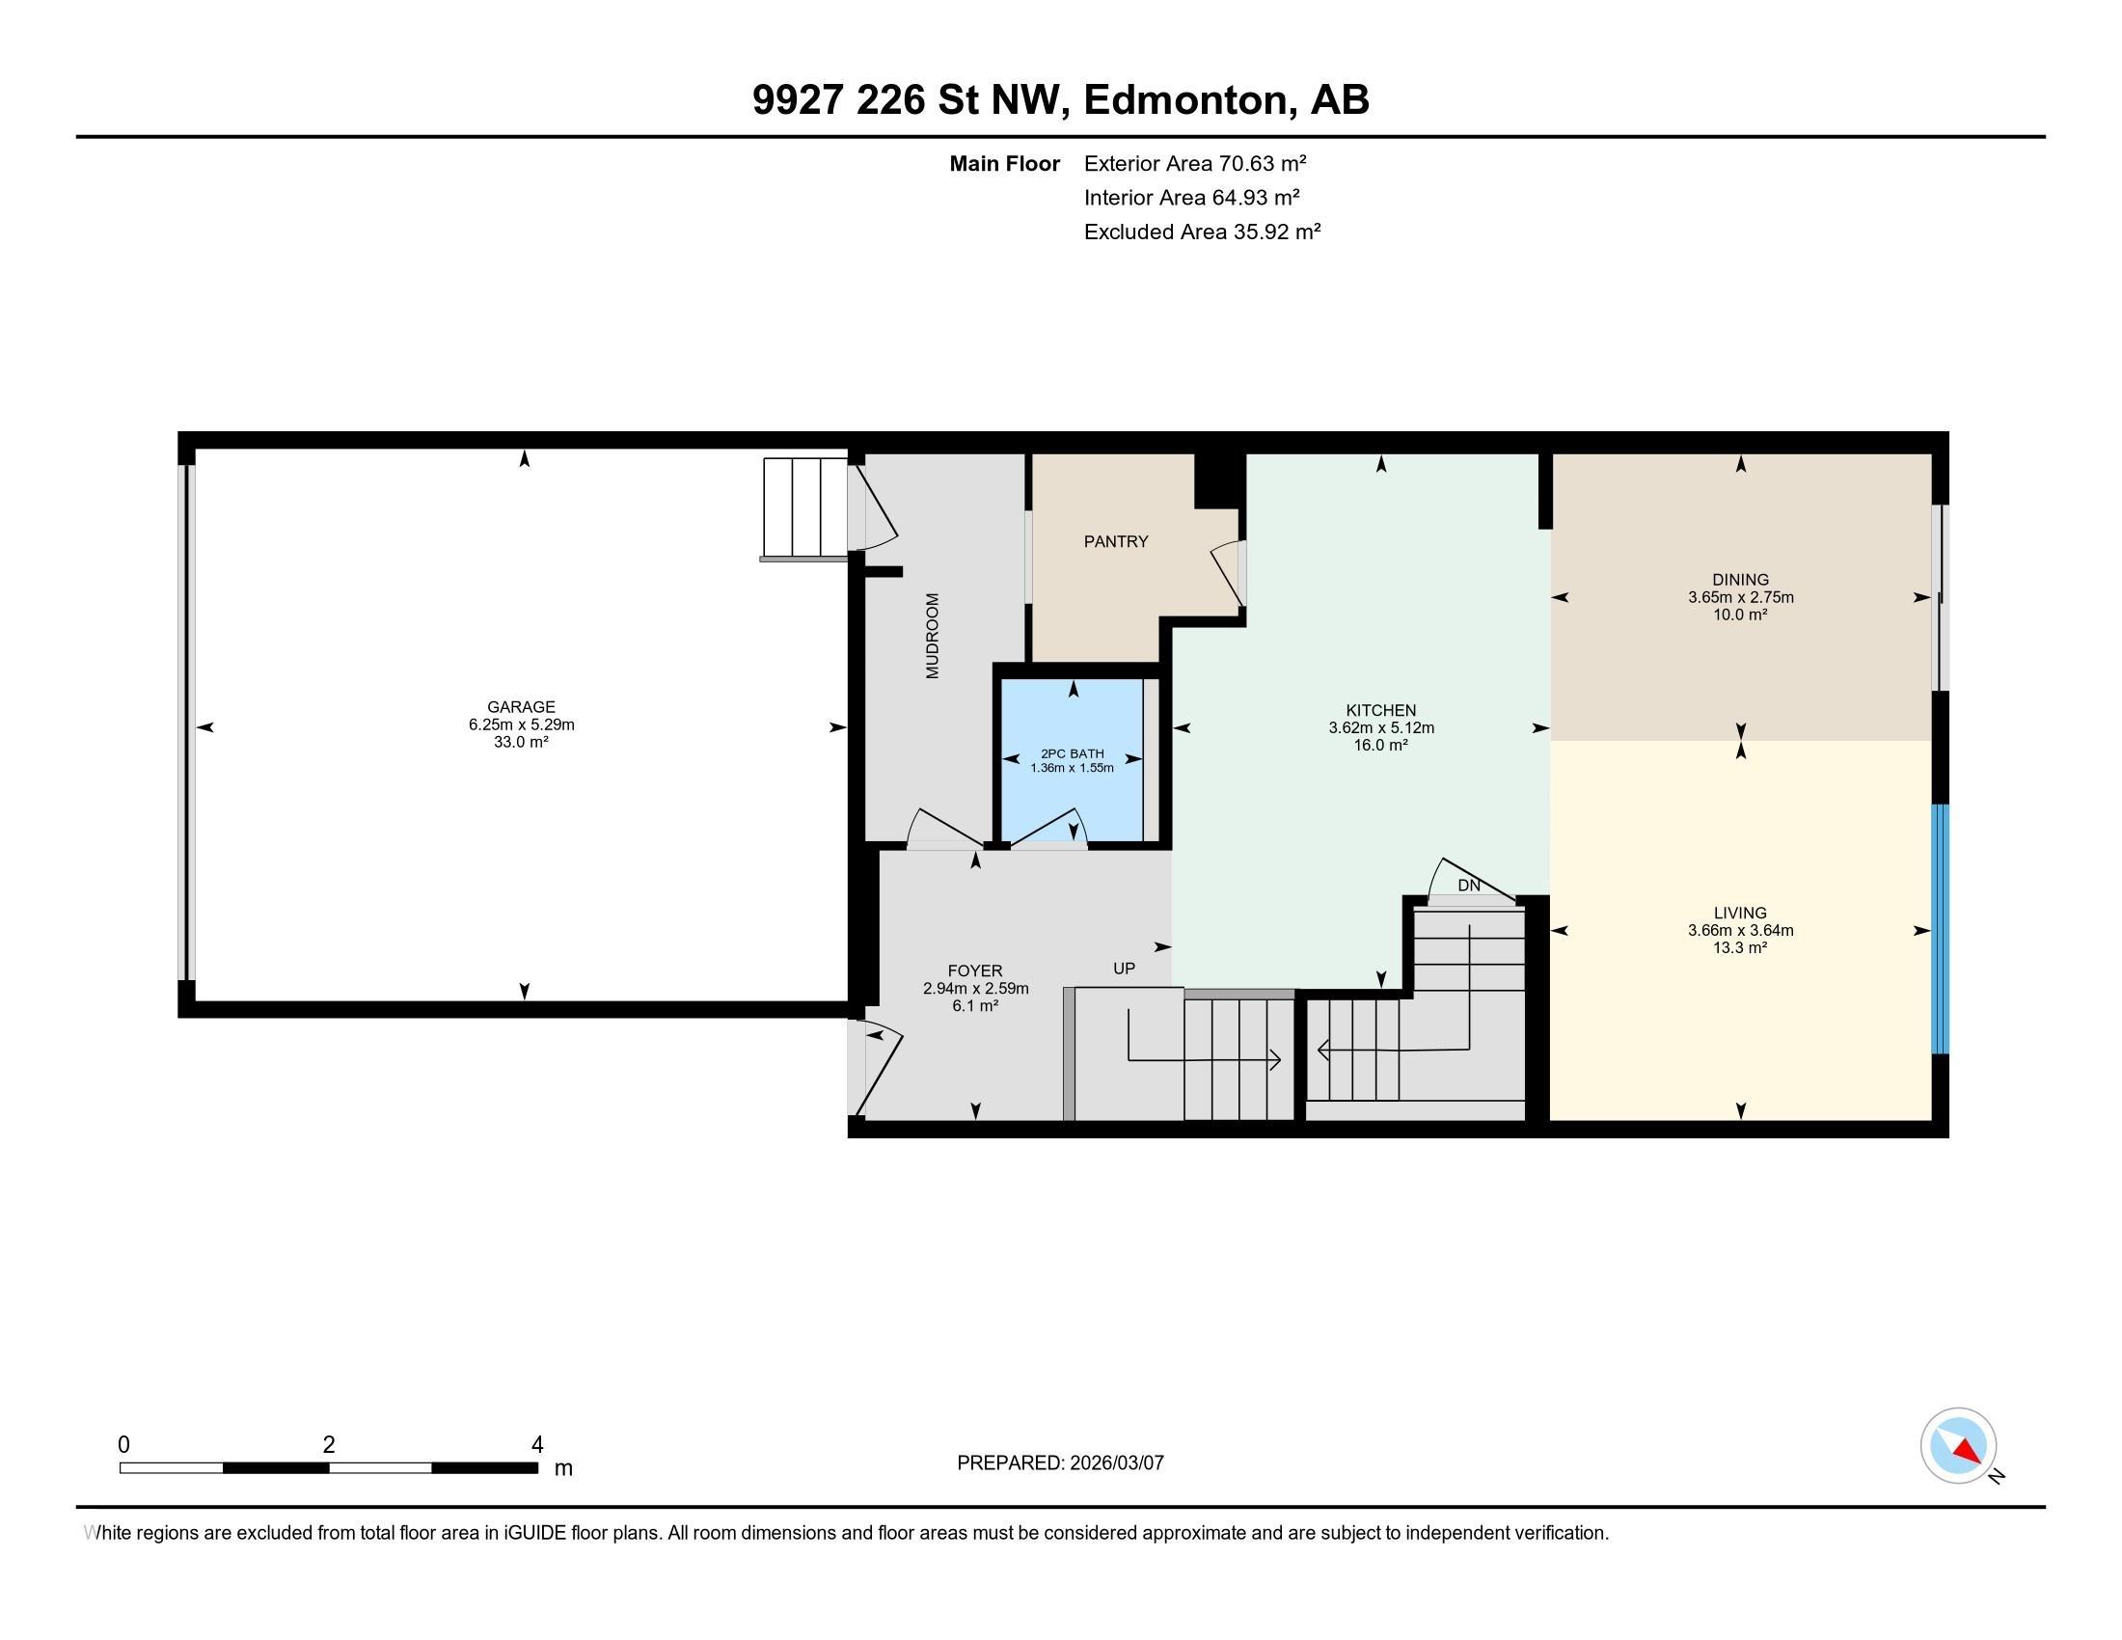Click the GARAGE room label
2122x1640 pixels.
pyautogui.click(x=521, y=707)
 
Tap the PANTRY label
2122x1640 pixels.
pyautogui.click(x=1115, y=541)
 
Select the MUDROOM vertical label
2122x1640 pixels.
pyautogui.click(x=933, y=636)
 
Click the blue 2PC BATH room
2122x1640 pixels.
pyautogui.click(x=1073, y=759)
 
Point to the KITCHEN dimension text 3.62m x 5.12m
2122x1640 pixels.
pyautogui.click(x=1380, y=727)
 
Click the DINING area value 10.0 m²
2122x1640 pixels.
pyautogui.click(x=1740, y=614)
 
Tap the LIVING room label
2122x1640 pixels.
pyautogui.click(x=1740, y=913)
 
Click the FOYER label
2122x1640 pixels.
pyautogui.click(x=974, y=970)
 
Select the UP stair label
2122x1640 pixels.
pyautogui.click(x=1124, y=969)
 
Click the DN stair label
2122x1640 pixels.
pyautogui.click(x=1469, y=885)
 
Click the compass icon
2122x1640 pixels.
pyautogui.click(x=1958, y=1446)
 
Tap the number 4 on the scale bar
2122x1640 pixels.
pyautogui.click(x=537, y=1445)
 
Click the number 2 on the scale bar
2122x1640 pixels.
pyautogui.click(x=329, y=1445)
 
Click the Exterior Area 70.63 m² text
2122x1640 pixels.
pyautogui.click(x=1195, y=163)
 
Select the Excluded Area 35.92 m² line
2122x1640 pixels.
pyautogui.click(x=1203, y=232)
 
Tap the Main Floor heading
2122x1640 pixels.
pyautogui.click(x=1005, y=163)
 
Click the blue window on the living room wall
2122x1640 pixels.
pyautogui.click(x=1940, y=929)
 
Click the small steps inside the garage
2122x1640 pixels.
pyautogui.click(x=805, y=509)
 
